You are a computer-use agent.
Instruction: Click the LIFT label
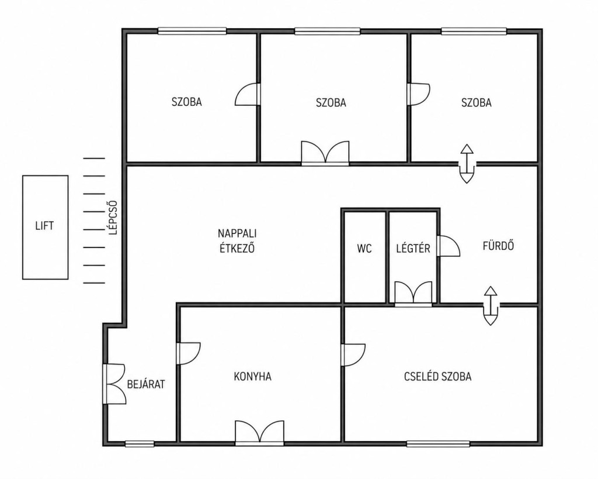(44, 226)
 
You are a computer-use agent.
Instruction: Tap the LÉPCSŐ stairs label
(113, 218)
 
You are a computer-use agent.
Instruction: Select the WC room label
(364, 249)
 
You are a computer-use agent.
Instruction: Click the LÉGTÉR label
(413, 249)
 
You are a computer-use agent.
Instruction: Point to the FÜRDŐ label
(498, 245)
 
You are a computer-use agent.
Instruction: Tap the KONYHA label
(252, 377)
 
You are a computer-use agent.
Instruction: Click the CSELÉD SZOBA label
(438, 377)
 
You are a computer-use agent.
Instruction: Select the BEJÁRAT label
(146, 384)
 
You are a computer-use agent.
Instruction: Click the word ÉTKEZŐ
(237, 249)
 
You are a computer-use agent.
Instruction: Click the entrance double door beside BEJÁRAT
(114, 384)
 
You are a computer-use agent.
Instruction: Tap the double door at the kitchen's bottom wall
(259, 433)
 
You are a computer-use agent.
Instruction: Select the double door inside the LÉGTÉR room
(413, 294)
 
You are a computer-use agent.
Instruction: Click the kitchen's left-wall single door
(189, 353)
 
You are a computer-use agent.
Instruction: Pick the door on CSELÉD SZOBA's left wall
(353, 355)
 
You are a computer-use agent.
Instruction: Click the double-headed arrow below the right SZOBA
(467, 164)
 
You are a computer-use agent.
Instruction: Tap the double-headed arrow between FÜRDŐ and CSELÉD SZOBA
(491, 306)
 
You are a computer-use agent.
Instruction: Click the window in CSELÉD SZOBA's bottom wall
(438, 443)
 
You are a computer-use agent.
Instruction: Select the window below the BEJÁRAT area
(140, 443)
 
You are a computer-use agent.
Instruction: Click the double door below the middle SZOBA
(325, 153)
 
